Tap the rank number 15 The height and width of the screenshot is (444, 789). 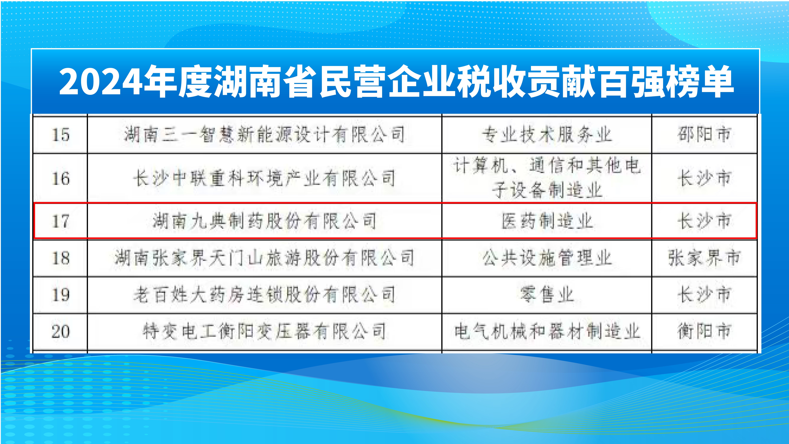[x=61, y=135]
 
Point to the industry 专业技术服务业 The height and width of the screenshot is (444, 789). [x=547, y=135]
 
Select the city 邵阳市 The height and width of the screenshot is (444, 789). [x=704, y=135]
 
